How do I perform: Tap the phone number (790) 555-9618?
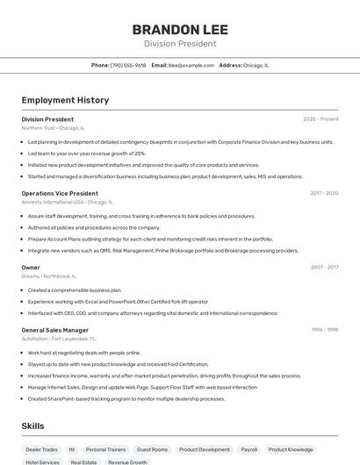click(128, 65)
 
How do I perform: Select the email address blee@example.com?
click(191, 65)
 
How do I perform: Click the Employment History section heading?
click(65, 100)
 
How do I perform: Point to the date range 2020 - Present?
click(320, 118)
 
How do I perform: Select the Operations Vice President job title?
click(60, 193)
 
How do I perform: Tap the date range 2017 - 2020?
click(323, 193)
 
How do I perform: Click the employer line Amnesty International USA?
click(66, 202)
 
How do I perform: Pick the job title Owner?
click(31, 268)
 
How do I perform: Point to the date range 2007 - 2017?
click(323, 268)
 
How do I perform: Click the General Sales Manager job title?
click(55, 330)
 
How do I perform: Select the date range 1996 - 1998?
click(324, 330)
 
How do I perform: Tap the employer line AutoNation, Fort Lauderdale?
click(59, 339)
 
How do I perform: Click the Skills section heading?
click(32, 426)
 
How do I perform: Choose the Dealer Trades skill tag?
click(42, 449)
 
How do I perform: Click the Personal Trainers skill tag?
click(105, 449)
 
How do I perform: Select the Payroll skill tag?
click(249, 449)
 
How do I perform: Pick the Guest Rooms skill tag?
click(152, 449)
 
